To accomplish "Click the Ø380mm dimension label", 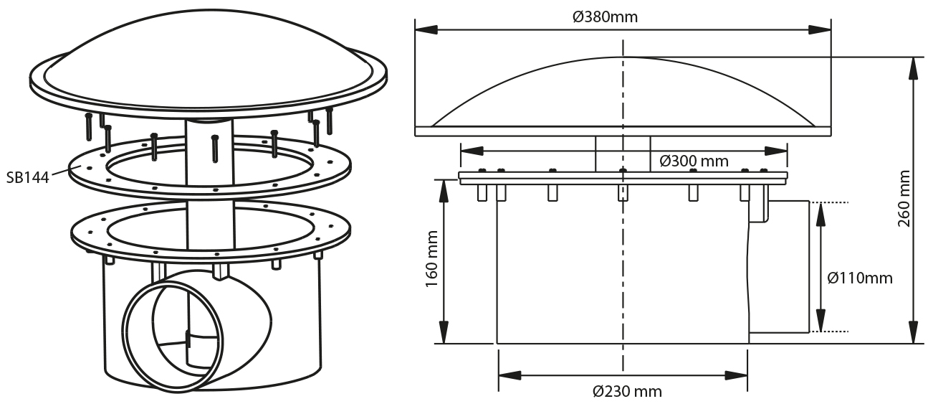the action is tap(605, 17).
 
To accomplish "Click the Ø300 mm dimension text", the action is tap(694, 161).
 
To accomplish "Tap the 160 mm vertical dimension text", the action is tap(431, 259).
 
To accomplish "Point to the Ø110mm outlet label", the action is tap(860, 278).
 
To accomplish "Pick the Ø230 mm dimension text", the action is tap(627, 391).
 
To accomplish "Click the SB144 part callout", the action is tap(28, 177).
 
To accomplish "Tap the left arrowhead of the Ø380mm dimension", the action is tap(426, 29).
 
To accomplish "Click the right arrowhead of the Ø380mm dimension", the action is tap(820, 29).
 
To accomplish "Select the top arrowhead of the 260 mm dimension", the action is tap(913, 68).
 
